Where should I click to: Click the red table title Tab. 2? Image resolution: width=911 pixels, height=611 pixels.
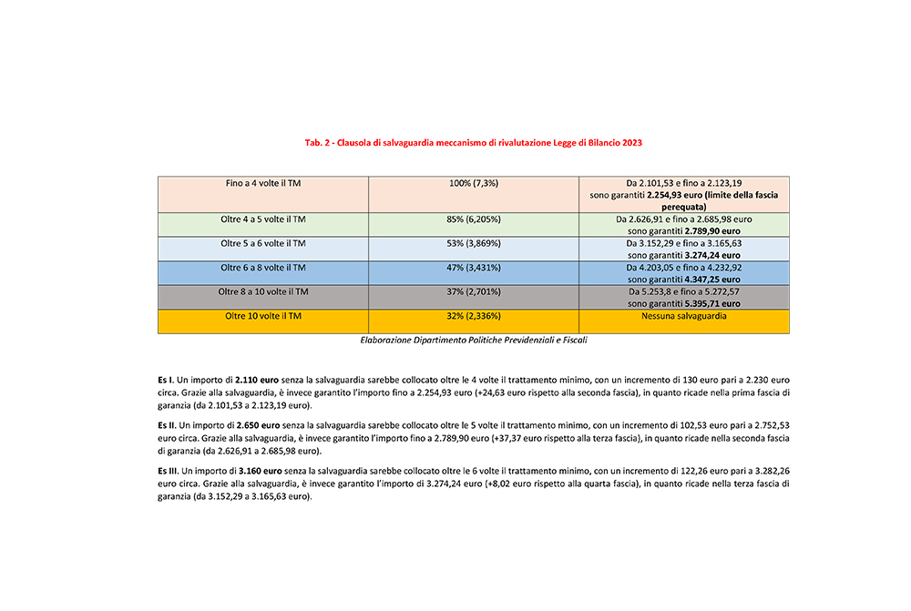[479, 144]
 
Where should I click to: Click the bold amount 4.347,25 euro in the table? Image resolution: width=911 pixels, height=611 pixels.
[709, 279]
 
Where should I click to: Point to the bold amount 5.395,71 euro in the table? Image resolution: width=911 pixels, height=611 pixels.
[709, 302]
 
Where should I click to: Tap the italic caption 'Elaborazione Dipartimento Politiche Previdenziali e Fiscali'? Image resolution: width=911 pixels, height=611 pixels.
[474, 339]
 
